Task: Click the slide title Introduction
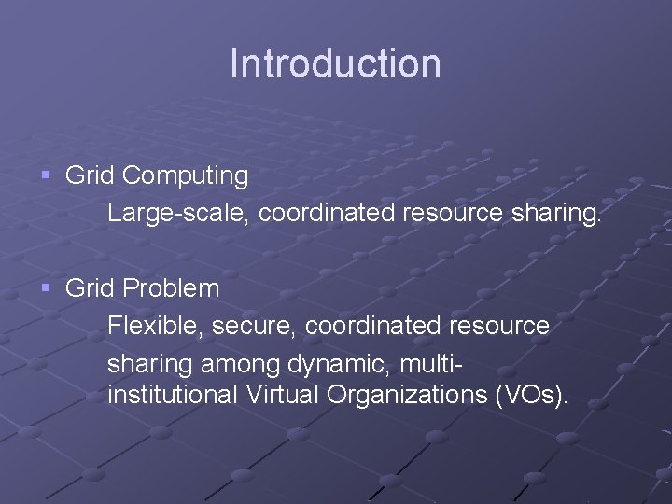point(335,63)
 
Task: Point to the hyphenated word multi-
point(433,360)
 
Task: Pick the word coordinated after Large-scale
point(327,214)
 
